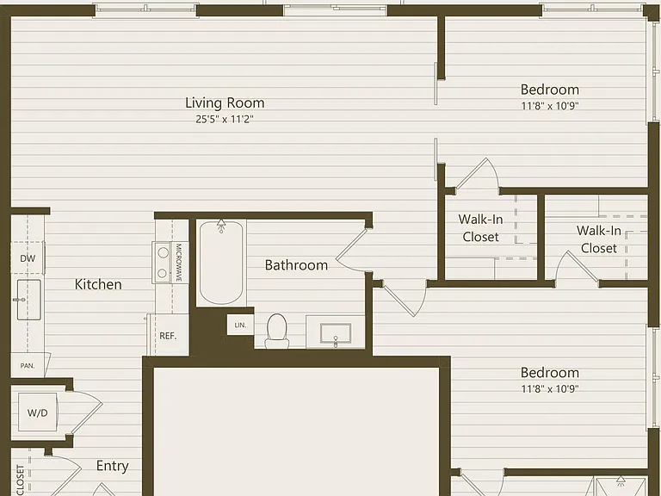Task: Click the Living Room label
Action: pyautogui.click(x=225, y=102)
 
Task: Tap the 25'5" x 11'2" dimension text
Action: pyautogui.click(x=225, y=120)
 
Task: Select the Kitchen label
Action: pyautogui.click(x=98, y=284)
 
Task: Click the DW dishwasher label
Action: pyautogui.click(x=28, y=258)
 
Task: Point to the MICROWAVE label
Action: pyautogui.click(x=178, y=263)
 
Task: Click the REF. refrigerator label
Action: pyautogui.click(x=168, y=336)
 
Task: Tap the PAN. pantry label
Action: pyautogui.click(x=28, y=366)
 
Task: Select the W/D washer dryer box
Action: pyautogui.click(x=38, y=412)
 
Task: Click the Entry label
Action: pyautogui.click(x=112, y=466)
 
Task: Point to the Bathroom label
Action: pyautogui.click(x=296, y=265)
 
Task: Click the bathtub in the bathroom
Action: pyautogui.click(x=221, y=263)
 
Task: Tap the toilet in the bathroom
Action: pyautogui.click(x=277, y=331)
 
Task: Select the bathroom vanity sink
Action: pyautogui.click(x=336, y=333)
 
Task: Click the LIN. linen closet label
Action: pyautogui.click(x=240, y=325)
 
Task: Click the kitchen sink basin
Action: pyautogui.click(x=28, y=300)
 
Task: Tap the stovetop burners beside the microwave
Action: pyautogui.click(x=163, y=263)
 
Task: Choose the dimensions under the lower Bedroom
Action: pyautogui.click(x=550, y=389)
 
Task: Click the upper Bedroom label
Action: pyautogui.click(x=550, y=90)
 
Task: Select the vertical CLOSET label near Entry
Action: pyautogui.click(x=21, y=480)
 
